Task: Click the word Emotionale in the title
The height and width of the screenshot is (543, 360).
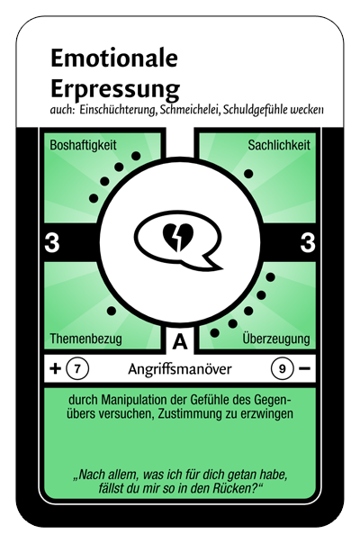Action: click(114, 58)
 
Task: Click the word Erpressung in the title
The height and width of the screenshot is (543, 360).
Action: click(115, 89)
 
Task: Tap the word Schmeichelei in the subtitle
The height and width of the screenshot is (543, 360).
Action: click(190, 110)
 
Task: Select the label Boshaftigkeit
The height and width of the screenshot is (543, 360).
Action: click(83, 145)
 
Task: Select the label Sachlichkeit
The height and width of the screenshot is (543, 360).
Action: click(279, 145)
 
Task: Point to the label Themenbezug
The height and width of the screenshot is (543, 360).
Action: click(85, 339)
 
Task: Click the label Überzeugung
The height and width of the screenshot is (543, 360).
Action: click(276, 339)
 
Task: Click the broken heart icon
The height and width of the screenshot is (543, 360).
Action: click(178, 237)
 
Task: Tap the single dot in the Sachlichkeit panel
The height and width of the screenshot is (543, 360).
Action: click(248, 174)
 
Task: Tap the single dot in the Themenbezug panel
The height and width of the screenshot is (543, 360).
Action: click(111, 311)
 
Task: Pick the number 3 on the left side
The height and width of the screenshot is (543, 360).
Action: click(52, 242)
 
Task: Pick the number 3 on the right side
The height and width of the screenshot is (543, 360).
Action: click(308, 242)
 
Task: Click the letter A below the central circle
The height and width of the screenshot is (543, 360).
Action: click(180, 342)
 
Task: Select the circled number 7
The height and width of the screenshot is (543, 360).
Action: click(77, 369)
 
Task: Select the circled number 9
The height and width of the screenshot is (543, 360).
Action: click(282, 369)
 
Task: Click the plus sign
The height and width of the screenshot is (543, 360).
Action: click(55, 368)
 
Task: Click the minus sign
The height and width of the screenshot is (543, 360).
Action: click(304, 368)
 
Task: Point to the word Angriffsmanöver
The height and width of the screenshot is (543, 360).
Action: click(180, 369)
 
